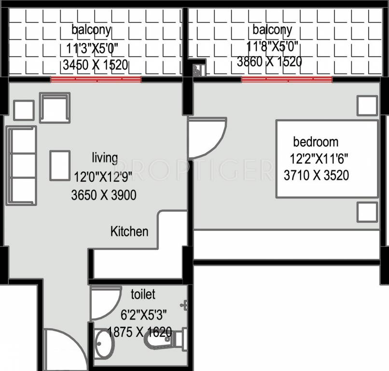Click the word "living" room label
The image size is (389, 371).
[104, 157]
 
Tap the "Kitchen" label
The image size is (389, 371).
[129, 231]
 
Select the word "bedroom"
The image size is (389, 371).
[316, 142]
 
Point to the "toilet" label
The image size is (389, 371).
[143, 294]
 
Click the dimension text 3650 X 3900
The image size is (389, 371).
[103, 195]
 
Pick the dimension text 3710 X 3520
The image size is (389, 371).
[316, 175]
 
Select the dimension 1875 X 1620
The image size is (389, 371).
[139, 332]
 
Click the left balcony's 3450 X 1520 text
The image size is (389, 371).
[95, 65]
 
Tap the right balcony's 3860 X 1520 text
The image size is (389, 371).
[269, 62]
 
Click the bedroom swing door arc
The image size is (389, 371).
[208, 138]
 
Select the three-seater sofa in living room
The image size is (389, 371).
[22, 166]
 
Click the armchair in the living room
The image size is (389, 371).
[55, 107]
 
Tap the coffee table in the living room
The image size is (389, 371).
[59, 165]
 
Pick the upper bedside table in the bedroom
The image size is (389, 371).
[367, 105]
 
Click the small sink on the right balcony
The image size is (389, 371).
[198, 70]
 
